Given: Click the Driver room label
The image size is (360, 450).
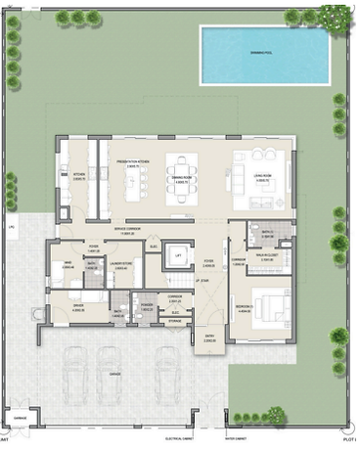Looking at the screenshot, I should click(x=78, y=306).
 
